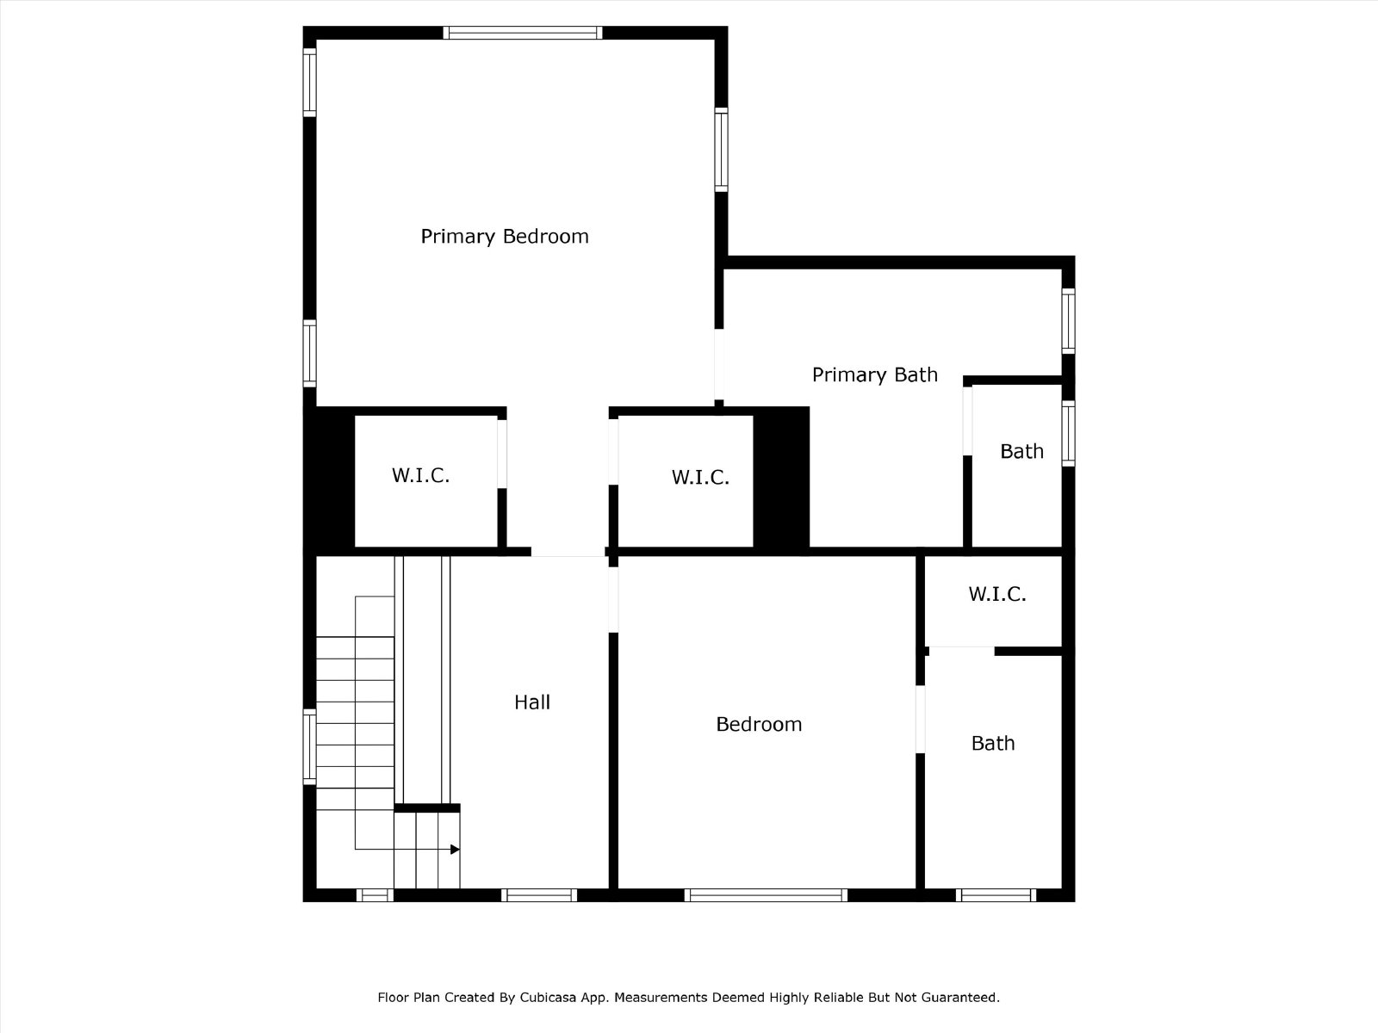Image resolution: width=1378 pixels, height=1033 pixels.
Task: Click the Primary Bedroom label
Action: tap(505, 237)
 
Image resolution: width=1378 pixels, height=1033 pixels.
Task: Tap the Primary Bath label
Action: tap(874, 375)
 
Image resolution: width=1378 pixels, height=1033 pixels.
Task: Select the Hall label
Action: tap(531, 702)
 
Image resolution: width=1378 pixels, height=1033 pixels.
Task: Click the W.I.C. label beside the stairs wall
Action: tap(420, 475)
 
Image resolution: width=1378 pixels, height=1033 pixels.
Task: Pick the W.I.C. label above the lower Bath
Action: tap(997, 594)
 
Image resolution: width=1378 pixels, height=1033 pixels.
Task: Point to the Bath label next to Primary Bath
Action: tap(1021, 452)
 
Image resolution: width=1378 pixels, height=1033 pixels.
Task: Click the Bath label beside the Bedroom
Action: tap(992, 743)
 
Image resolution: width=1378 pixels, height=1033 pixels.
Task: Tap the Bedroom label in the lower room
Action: tap(759, 725)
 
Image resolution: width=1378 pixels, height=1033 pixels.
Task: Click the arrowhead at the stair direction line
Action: tap(455, 850)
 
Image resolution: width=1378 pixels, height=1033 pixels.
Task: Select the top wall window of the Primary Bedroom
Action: tap(522, 33)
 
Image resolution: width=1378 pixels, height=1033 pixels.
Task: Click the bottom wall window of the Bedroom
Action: tap(766, 895)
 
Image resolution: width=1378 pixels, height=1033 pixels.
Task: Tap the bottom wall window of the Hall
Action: tap(538, 895)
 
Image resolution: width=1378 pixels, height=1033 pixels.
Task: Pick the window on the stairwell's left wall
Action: tap(309, 746)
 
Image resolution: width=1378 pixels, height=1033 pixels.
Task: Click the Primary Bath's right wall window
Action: tap(1068, 320)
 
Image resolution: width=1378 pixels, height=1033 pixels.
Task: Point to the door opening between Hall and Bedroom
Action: tap(613, 600)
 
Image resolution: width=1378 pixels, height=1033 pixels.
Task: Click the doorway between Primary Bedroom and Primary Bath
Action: tap(719, 364)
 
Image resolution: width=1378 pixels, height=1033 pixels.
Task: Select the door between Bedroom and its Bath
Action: tap(920, 720)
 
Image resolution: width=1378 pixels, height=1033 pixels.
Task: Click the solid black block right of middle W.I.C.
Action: tap(781, 477)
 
